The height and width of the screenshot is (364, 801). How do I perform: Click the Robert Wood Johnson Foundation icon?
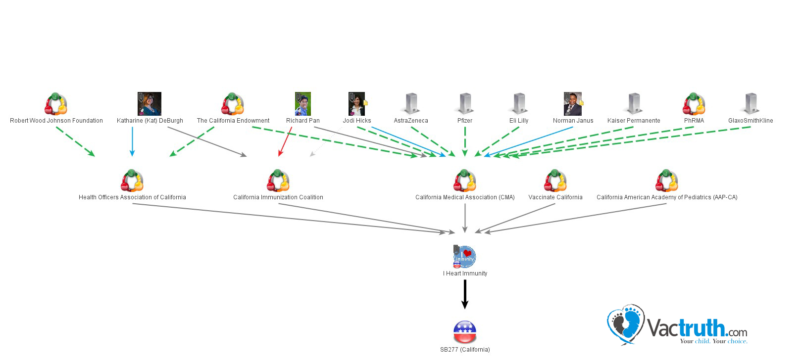[x=56, y=104]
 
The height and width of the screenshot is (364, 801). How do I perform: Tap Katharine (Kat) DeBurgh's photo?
[x=150, y=104]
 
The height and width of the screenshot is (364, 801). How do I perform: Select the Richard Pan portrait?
[x=303, y=104]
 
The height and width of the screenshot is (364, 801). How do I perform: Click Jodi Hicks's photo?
[x=357, y=104]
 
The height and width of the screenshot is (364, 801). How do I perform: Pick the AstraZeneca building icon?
[x=411, y=104]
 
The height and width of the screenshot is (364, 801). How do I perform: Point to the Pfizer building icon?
[x=465, y=104]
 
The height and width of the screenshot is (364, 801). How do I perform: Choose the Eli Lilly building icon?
[x=519, y=104]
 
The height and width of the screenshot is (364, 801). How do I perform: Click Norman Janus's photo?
[x=573, y=104]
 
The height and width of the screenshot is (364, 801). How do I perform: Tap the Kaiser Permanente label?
[x=634, y=121]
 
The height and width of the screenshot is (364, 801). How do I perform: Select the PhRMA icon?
[x=694, y=104]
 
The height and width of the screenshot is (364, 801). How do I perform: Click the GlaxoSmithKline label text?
[x=751, y=121]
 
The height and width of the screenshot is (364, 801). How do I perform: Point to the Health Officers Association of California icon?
[x=132, y=181]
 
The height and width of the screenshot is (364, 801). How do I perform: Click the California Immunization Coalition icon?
[x=278, y=181]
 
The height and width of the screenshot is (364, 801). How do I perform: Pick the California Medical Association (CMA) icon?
[x=465, y=181]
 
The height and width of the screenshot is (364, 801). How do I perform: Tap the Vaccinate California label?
[x=555, y=197]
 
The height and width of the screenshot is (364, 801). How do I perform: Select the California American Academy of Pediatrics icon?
[x=667, y=181]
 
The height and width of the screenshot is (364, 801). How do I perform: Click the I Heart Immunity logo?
[x=465, y=257]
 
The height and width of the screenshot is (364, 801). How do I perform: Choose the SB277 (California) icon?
[x=465, y=332]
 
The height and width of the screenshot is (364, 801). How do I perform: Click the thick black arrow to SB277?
[x=465, y=294]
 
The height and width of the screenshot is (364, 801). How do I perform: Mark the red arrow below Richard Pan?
[x=285, y=142]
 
